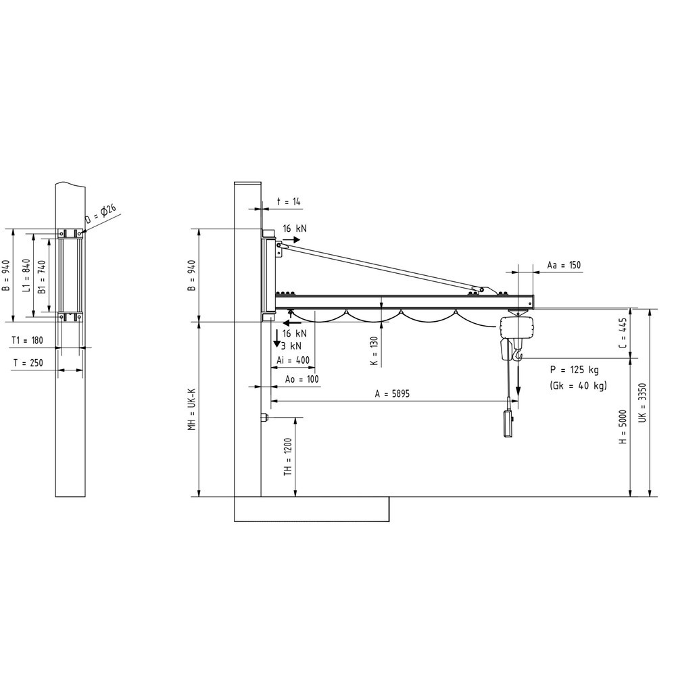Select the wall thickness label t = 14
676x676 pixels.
coord(290,201)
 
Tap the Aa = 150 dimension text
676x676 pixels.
coord(564,266)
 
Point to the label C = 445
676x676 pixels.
coord(623,333)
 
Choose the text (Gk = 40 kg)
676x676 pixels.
coord(578,385)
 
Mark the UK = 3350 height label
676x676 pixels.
coord(642,403)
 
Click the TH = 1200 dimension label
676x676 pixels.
coord(287,457)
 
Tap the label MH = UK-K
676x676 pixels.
coord(192,408)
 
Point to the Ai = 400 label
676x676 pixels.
coord(293,360)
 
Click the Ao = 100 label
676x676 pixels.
coord(301,379)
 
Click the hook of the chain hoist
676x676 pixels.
coord(518,354)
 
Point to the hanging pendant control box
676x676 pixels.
coord(509,418)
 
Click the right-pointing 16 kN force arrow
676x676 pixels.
coord(292,240)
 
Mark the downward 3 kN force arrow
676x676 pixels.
coord(276,341)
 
